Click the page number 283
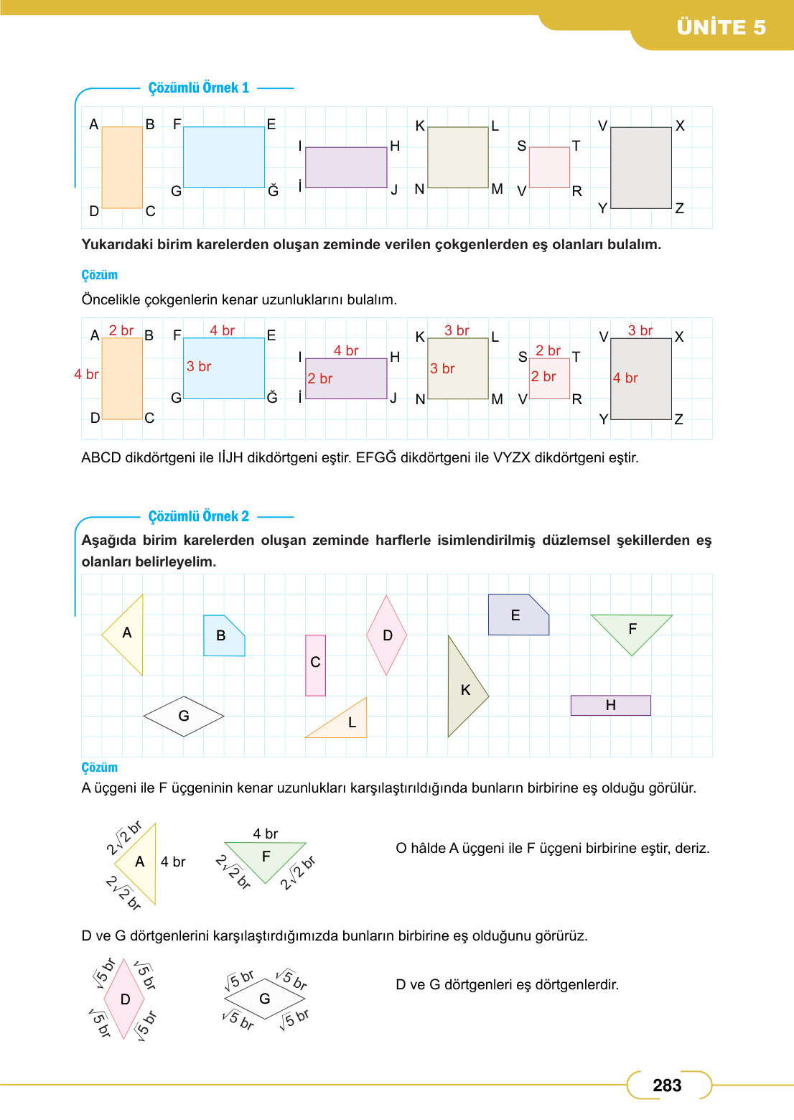(x=667, y=1086)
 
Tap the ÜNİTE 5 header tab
(x=721, y=27)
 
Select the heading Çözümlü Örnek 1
(x=199, y=88)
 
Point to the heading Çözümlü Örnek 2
(x=199, y=516)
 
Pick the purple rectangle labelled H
(x=610, y=705)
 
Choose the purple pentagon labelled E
(x=517, y=616)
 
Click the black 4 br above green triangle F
(x=266, y=834)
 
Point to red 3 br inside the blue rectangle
(x=199, y=366)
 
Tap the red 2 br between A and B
(x=121, y=330)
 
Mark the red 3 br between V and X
(x=640, y=330)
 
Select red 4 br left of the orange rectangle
(x=86, y=374)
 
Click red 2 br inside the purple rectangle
(x=320, y=378)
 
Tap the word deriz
(x=692, y=848)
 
